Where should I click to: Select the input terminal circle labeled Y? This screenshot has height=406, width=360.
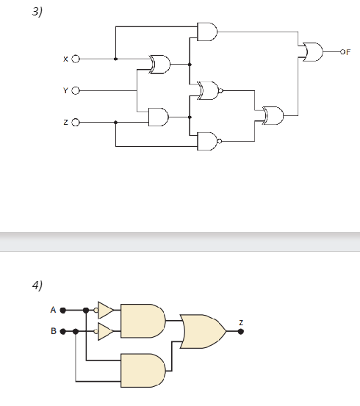tap(75, 90)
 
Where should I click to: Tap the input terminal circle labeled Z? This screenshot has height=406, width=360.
tap(75, 122)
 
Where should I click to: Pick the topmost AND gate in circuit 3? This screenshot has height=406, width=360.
tap(207, 32)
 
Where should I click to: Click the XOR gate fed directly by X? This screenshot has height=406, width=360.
tap(159, 65)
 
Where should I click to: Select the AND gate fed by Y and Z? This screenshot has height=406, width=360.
tap(158, 116)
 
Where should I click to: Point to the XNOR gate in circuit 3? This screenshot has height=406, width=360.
tap(209, 91)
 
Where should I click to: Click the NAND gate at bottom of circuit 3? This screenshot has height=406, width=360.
tap(208, 140)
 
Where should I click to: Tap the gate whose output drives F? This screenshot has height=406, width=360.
tap(312, 52)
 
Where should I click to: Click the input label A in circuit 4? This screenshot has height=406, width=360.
tap(53, 310)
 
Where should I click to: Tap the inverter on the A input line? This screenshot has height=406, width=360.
tap(105, 310)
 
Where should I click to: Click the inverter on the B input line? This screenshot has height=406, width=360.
tap(105, 332)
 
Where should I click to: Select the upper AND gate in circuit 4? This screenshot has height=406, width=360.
tap(143, 320)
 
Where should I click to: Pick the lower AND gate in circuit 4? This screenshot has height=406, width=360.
tap(143, 370)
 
